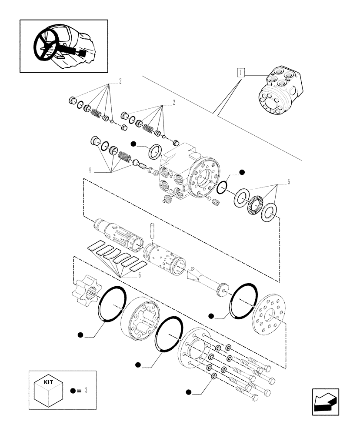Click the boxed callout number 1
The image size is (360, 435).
240,73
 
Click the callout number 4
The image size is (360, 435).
90,170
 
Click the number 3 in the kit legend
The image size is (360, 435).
86,390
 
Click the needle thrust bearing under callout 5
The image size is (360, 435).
254,206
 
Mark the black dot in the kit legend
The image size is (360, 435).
72,390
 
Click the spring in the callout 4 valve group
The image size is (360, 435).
125,157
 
